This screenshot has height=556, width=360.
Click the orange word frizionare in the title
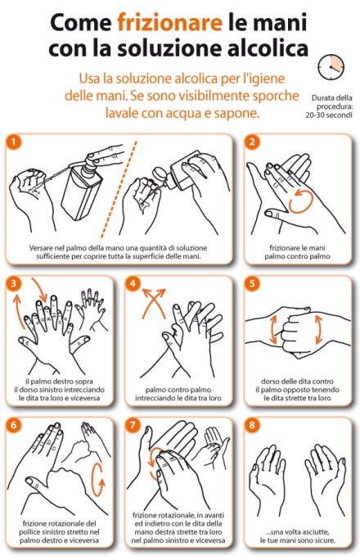pyautogui.click(x=169, y=22)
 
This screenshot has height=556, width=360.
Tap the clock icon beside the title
pyautogui.click(x=331, y=67)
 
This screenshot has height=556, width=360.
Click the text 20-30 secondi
pyautogui.click(x=329, y=115)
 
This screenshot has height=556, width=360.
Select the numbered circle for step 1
pyautogui.click(x=14, y=142)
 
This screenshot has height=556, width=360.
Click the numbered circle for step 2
pyautogui.click(x=252, y=142)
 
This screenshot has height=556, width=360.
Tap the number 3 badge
pyautogui.click(x=14, y=283)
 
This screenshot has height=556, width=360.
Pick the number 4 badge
pyautogui.click(x=133, y=283)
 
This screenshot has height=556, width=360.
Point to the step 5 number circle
pyautogui.click(x=252, y=283)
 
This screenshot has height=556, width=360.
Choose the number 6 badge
pyautogui.click(x=14, y=425)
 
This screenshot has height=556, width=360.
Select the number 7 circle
pyautogui.click(x=133, y=425)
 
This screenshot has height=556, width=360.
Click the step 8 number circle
pyautogui.click(x=252, y=425)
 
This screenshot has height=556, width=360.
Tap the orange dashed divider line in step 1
pyautogui.click(x=119, y=189)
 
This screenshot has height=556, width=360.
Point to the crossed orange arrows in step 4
pyautogui.click(x=154, y=302)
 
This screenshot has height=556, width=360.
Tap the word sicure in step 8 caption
pyautogui.click(x=324, y=540)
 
